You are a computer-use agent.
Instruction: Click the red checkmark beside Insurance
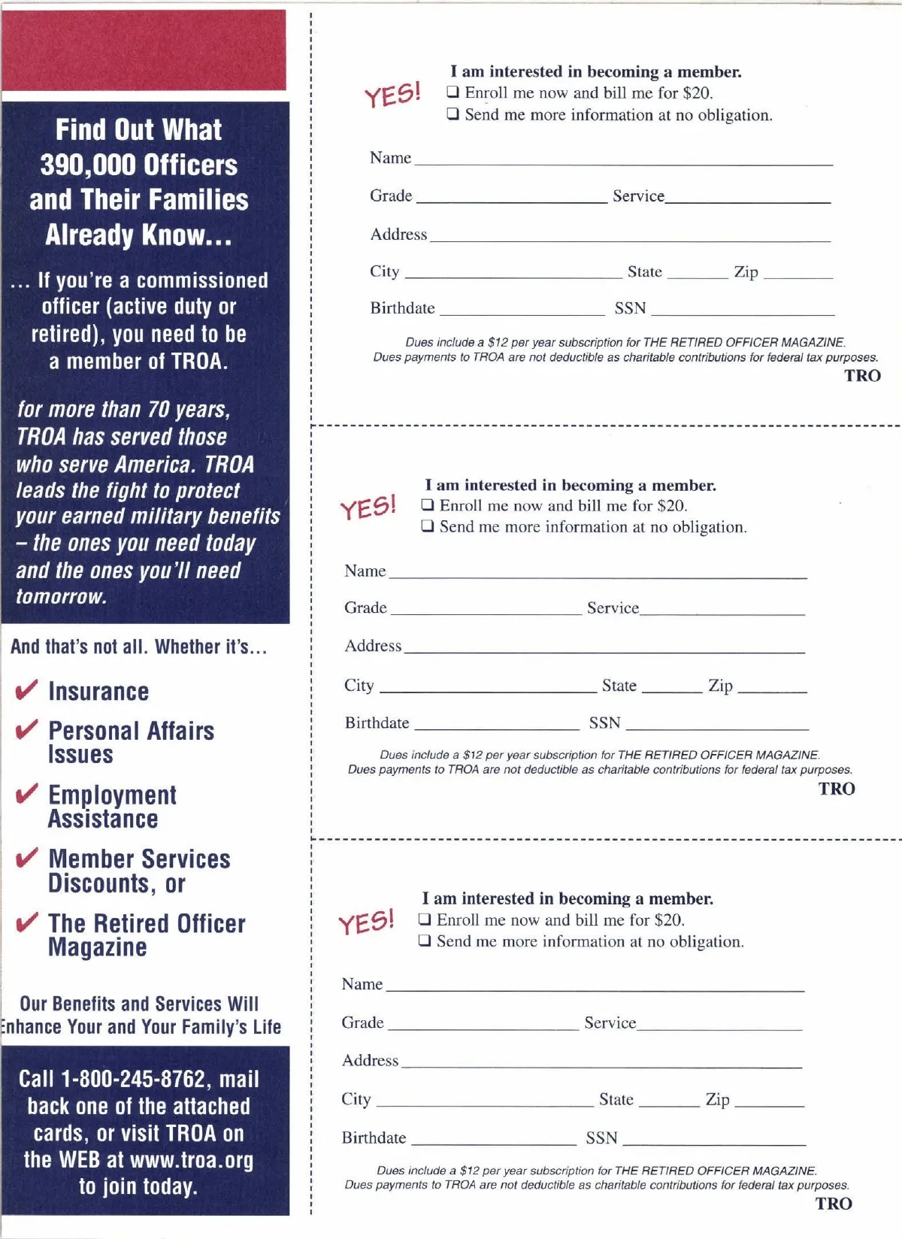coord(26,690)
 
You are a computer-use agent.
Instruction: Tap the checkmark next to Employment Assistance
coord(26,794)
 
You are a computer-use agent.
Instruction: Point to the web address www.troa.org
coord(192,1159)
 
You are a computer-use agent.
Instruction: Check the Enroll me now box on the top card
coord(453,92)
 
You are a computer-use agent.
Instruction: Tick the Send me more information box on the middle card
coord(428,526)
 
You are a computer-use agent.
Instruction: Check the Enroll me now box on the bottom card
coord(425,919)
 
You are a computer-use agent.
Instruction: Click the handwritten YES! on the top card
coord(392,95)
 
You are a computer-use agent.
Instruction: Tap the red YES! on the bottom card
coord(366,922)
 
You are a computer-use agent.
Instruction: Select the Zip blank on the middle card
coord(772,689)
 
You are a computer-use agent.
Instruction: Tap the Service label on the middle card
coord(613,607)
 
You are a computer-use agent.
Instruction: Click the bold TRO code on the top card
coord(862,375)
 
